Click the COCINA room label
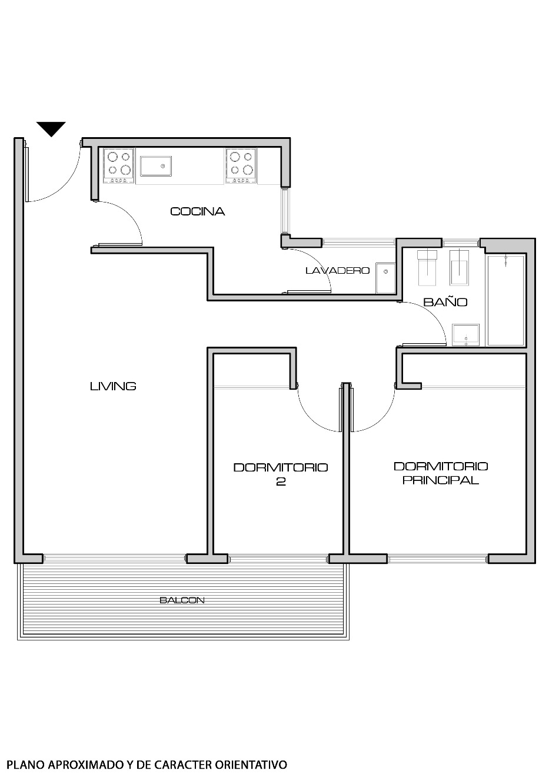197,211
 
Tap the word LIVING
113,386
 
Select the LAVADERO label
337,271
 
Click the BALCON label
182,600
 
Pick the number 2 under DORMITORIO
281,482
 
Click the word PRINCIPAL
440,480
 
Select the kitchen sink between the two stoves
155,166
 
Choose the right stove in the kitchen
241,164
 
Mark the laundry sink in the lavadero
386,278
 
